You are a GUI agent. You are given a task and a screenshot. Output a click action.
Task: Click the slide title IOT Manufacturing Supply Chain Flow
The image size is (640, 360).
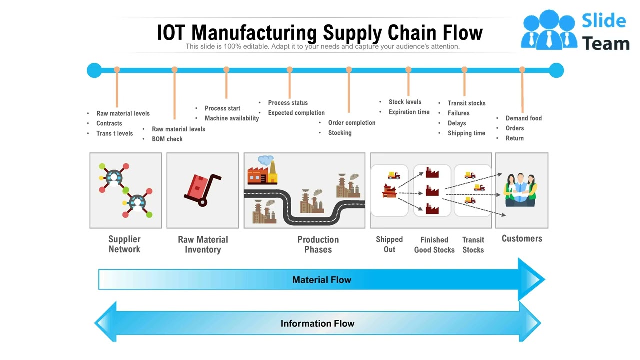320,33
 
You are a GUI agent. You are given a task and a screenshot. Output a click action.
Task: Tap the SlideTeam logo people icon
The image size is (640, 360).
549,30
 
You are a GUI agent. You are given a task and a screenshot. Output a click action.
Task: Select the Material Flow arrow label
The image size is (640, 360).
321,280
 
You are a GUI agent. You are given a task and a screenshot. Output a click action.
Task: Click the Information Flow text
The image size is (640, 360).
317,324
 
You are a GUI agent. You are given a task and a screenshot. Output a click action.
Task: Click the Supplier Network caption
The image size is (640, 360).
124,244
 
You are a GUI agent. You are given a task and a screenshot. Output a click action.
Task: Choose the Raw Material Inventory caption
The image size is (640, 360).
203,245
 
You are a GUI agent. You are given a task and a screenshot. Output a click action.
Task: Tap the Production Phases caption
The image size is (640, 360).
318,245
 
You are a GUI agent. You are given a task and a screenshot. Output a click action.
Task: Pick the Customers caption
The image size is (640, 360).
522,239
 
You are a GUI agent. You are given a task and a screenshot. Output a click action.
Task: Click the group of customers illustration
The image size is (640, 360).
520,190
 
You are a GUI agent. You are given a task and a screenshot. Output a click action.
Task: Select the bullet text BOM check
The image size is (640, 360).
167,139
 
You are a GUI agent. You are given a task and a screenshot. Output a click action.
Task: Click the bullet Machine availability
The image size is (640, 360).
232,118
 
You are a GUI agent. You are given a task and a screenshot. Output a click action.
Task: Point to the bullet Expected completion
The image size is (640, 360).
296,113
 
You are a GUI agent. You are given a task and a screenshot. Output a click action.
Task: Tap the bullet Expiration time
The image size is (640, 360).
409,112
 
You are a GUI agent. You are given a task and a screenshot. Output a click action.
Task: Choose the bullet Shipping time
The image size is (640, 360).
466,133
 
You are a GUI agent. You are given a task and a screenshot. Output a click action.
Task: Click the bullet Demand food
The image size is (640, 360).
523,118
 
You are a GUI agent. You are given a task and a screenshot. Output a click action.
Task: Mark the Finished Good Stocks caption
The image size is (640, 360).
434,245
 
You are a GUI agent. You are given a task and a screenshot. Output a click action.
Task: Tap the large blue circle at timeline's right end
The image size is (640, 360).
556,70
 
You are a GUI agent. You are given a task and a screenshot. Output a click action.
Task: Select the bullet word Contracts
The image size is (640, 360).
109,123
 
